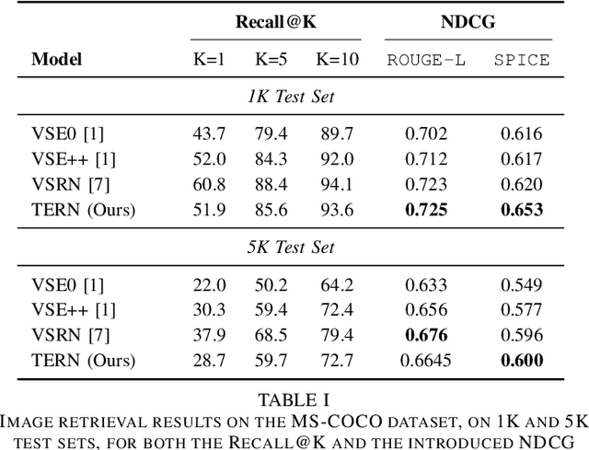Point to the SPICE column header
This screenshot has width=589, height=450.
(x=521, y=60)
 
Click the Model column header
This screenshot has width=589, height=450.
(x=57, y=60)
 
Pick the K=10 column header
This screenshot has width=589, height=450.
(x=337, y=60)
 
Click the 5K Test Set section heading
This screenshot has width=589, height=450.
(x=294, y=248)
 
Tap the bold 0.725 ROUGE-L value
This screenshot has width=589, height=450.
(x=426, y=211)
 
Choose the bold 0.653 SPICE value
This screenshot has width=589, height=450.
(x=521, y=211)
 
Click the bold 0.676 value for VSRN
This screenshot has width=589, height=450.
(x=426, y=335)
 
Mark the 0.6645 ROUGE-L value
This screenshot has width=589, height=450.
(x=426, y=360)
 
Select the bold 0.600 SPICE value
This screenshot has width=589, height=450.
(x=521, y=360)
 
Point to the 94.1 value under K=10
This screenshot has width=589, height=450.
(x=337, y=185)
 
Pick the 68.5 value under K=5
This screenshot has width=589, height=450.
(x=271, y=335)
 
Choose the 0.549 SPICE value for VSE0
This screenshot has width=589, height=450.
(x=521, y=284)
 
